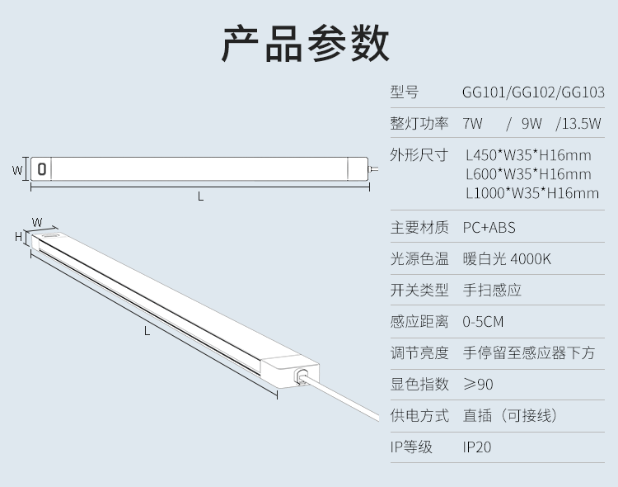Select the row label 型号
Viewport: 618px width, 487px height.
tap(405, 92)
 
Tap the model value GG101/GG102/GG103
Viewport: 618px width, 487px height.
tap(533, 92)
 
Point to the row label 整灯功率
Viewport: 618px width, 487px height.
tap(419, 124)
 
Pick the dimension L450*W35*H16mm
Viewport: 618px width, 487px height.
tap(528, 154)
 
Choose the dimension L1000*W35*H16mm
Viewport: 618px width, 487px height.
tap(531, 194)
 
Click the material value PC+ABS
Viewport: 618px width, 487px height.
tap(489, 227)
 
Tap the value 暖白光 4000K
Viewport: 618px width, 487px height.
tap(507, 259)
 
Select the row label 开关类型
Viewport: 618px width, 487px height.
tap(419, 291)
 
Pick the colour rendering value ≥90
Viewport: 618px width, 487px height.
tap(478, 385)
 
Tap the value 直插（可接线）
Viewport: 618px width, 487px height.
tap(511, 416)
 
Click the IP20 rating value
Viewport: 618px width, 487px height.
tap(477, 447)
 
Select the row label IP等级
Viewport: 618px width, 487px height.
tap(411, 447)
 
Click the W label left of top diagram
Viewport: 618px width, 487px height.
tap(16, 170)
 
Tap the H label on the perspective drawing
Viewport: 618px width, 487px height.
tap(17, 236)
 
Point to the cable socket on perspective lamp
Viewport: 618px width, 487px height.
tap(302, 376)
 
